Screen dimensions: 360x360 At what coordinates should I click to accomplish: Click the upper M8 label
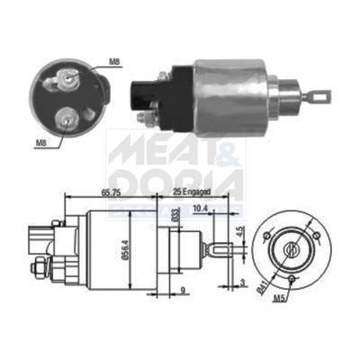pyautogui.click(x=113, y=63)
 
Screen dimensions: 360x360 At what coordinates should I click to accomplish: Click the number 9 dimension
pyautogui.click(x=183, y=291)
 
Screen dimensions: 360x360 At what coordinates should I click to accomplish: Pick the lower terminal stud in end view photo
pyautogui.click(x=66, y=117)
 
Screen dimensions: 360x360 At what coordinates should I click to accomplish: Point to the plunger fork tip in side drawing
pyautogui.click(x=224, y=246)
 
